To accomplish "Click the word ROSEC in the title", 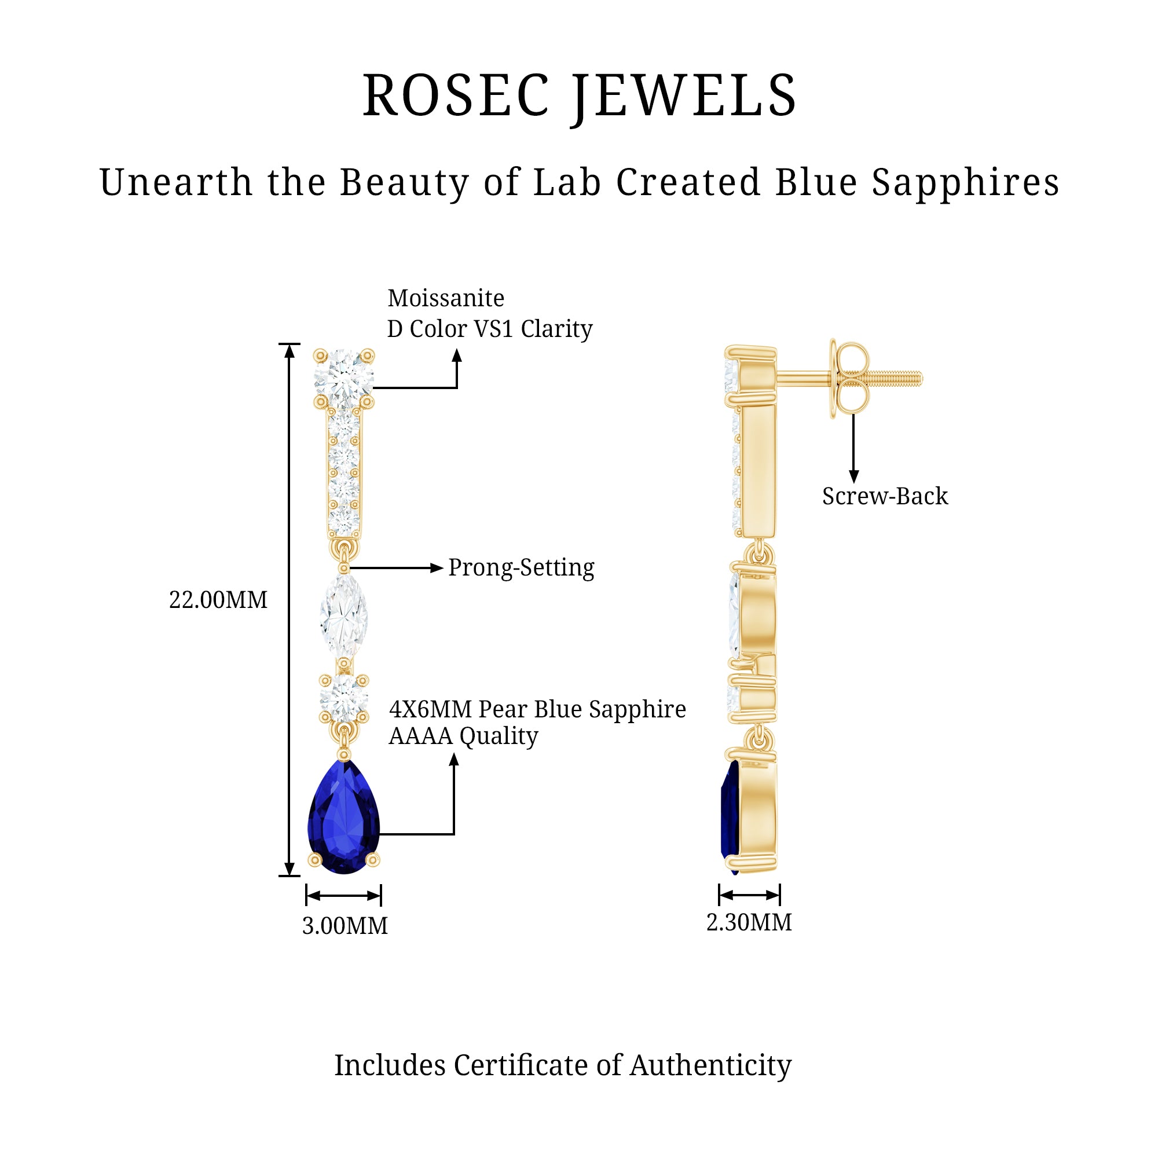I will (x=456, y=96).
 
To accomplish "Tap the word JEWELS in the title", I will (x=683, y=96).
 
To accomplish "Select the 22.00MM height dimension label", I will (x=218, y=600).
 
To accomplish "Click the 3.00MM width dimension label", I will (x=345, y=926).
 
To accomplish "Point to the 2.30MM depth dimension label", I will (x=749, y=922).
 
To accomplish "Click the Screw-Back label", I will (x=885, y=496).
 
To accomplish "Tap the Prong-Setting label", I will (x=521, y=567).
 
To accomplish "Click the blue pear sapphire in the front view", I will (x=343, y=818).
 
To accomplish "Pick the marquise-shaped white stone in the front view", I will (x=343, y=615).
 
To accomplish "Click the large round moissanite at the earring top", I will (x=343, y=378).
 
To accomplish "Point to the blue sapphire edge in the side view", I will (x=729, y=815).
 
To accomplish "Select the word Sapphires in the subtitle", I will (x=965, y=182).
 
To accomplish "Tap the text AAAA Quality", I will (x=463, y=736).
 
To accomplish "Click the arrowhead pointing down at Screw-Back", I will (x=853, y=477).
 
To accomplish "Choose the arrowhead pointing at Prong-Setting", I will (x=437, y=567).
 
